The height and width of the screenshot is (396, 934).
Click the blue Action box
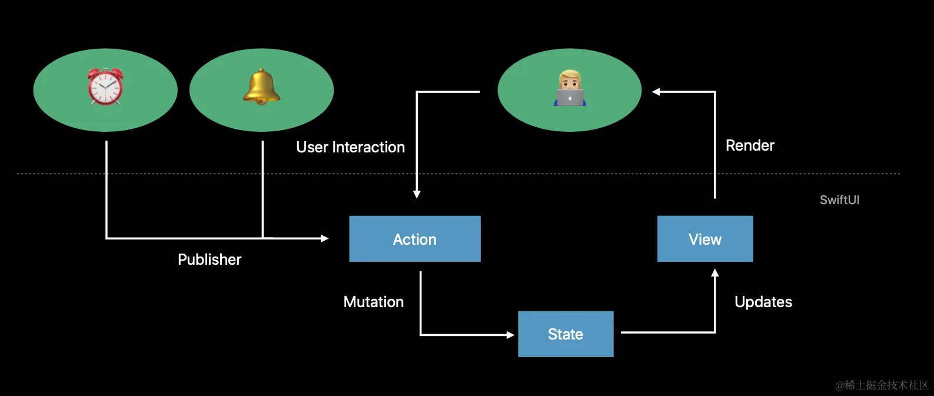click(x=414, y=239)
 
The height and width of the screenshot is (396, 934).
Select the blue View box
click(x=704, y=239)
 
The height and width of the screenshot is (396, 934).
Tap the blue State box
click(x=565, y=334)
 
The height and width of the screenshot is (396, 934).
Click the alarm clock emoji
click(x=105, y=86)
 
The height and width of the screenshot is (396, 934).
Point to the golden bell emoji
click(x=261, y=86)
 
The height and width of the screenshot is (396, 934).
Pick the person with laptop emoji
click(x=570, y=89)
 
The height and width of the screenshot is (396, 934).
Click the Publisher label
click(x=210, y=259)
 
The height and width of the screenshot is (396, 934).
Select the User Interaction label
click(x=350, y=147)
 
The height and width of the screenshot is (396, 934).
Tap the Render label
click(x=750, y=145)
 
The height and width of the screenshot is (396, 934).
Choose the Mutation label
click(x=373, y=302)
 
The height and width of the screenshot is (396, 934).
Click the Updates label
click(x=763, y=302)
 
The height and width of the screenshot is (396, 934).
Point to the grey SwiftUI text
click(x=839, y=200)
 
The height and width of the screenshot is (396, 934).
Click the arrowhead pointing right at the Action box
click(x=324, y=238)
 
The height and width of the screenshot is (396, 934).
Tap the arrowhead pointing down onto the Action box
click(x=417, y=194)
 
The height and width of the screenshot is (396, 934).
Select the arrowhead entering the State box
click(x=510, y=335)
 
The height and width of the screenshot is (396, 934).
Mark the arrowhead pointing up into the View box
click(x=715, y=273)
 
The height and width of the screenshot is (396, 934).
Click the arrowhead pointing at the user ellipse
click(x=656, y=92)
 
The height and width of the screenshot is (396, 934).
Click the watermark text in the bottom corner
click(x=881, y=385)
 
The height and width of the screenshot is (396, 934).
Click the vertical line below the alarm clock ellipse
click(x=107, y=188)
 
